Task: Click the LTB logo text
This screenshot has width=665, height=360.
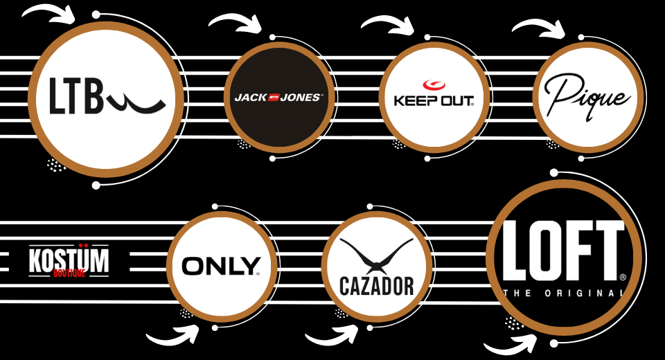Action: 107,96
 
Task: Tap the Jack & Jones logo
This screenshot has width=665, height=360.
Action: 279,98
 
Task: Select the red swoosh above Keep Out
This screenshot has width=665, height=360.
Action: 434,85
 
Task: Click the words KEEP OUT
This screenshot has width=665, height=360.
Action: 434,101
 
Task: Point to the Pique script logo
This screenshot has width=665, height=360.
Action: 587,98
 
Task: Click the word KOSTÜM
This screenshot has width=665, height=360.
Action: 69,260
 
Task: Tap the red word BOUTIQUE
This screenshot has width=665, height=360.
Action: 69,273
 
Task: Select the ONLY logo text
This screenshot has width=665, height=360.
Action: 221,267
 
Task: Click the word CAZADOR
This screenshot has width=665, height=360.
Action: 377,286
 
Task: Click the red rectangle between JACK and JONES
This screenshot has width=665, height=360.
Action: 274,97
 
